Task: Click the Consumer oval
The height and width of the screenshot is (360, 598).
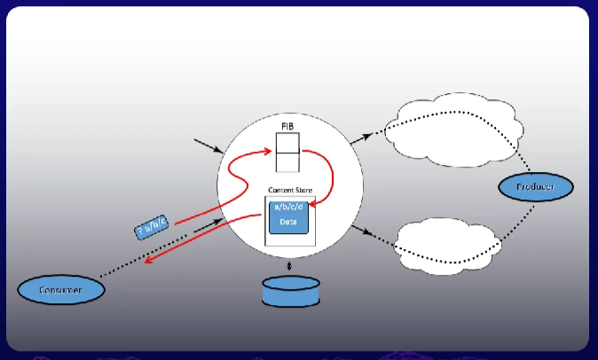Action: (61, 289)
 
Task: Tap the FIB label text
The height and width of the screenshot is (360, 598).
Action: (287, 126)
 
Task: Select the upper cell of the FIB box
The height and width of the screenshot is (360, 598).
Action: (287, 142)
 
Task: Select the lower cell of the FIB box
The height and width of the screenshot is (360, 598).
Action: (287, 161)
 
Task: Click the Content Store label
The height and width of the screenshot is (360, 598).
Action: (289, 190)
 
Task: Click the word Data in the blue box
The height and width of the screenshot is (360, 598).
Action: (288, 222)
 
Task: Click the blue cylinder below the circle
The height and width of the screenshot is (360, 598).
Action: (289, 291)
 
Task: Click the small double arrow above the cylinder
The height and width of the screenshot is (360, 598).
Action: (289, 265)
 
